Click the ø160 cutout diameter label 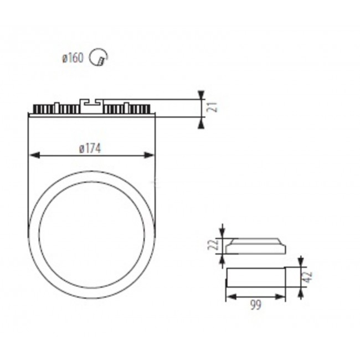[73, 58]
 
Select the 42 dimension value [310, 276]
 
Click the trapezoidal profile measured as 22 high [255, 246]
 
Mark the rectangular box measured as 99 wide [255, 276]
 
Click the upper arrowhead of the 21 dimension [201, 95]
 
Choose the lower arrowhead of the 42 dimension [300, 292]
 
